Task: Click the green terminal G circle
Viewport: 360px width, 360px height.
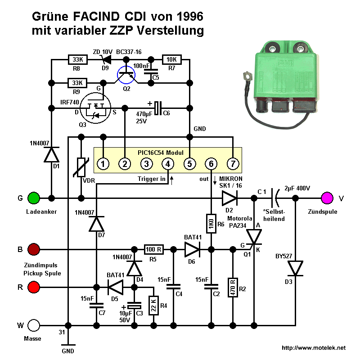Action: point(34,198)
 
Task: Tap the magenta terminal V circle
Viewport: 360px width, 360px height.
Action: point(327,198)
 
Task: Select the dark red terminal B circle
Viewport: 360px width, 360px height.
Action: point(34,249)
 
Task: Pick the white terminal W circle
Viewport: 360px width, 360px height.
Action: point(34,325)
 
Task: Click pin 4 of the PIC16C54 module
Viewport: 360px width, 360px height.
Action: point(167,164)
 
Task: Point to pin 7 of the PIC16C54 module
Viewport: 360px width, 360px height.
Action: point(232,164)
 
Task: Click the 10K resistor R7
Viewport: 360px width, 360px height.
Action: point(171,59)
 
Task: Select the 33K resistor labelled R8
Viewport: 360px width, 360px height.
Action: point(77,59)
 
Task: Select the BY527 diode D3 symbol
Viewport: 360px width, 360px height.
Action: point(296,269)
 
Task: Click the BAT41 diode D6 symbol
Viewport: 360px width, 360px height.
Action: point(193,249)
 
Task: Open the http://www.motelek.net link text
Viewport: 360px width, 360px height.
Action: point(313,348)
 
